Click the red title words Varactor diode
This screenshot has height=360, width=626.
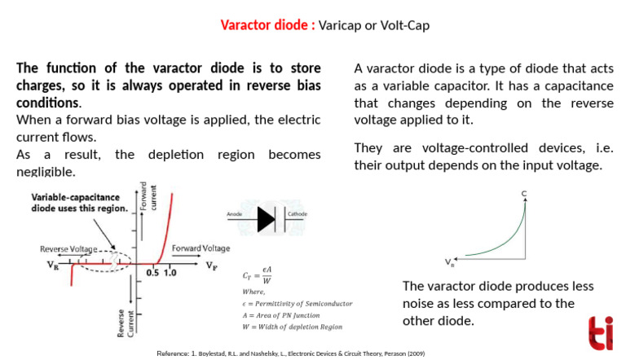point(264,25)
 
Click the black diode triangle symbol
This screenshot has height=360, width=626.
point(266,219)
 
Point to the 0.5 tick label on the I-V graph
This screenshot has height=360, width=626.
point(152,273)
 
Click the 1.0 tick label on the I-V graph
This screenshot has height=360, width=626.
point(170,273)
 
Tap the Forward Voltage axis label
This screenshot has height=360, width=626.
point(200,248)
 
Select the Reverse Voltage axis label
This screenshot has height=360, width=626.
point(68,248)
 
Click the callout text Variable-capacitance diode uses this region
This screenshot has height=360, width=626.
point(80,202)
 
